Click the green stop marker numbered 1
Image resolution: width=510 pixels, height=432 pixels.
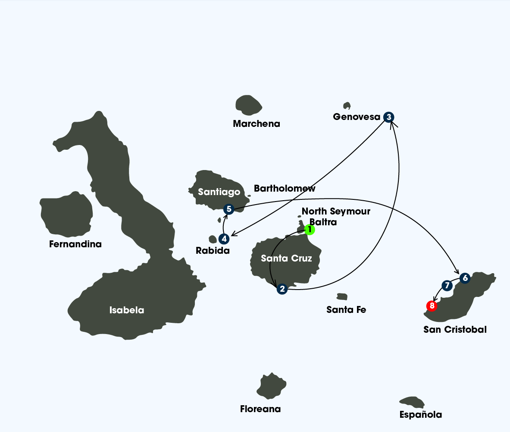tap(309, 230)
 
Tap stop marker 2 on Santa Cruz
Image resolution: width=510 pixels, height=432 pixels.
tap(282, 289)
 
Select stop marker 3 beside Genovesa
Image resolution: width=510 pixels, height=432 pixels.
tap(389, 117)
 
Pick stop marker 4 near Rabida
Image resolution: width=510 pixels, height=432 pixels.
tap(223, 239)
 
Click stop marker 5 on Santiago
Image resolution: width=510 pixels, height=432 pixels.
tap(229, 209)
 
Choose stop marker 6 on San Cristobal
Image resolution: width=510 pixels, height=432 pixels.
tap(464, 278)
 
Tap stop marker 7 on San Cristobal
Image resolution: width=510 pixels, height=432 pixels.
tap(447, 285)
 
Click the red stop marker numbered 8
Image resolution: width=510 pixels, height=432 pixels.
tap(432, 306)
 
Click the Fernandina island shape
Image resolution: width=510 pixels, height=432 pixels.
tap(66, 215)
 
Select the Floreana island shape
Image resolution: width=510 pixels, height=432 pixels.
tap(271, 385)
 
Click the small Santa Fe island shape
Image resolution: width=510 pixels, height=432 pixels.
tap(342, 296)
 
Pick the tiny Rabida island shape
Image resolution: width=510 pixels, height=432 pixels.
tap(213, 239)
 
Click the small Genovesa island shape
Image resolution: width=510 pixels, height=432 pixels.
tap(347, 106)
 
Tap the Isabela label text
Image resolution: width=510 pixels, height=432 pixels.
tap(127, 310)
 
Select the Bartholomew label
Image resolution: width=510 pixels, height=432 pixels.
tap(285, 189)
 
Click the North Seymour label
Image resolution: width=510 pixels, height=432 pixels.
tap(336, 211)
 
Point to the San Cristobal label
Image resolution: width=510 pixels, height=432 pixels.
tap(455, 330)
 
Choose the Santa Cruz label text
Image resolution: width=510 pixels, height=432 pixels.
tap(286, 259)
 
